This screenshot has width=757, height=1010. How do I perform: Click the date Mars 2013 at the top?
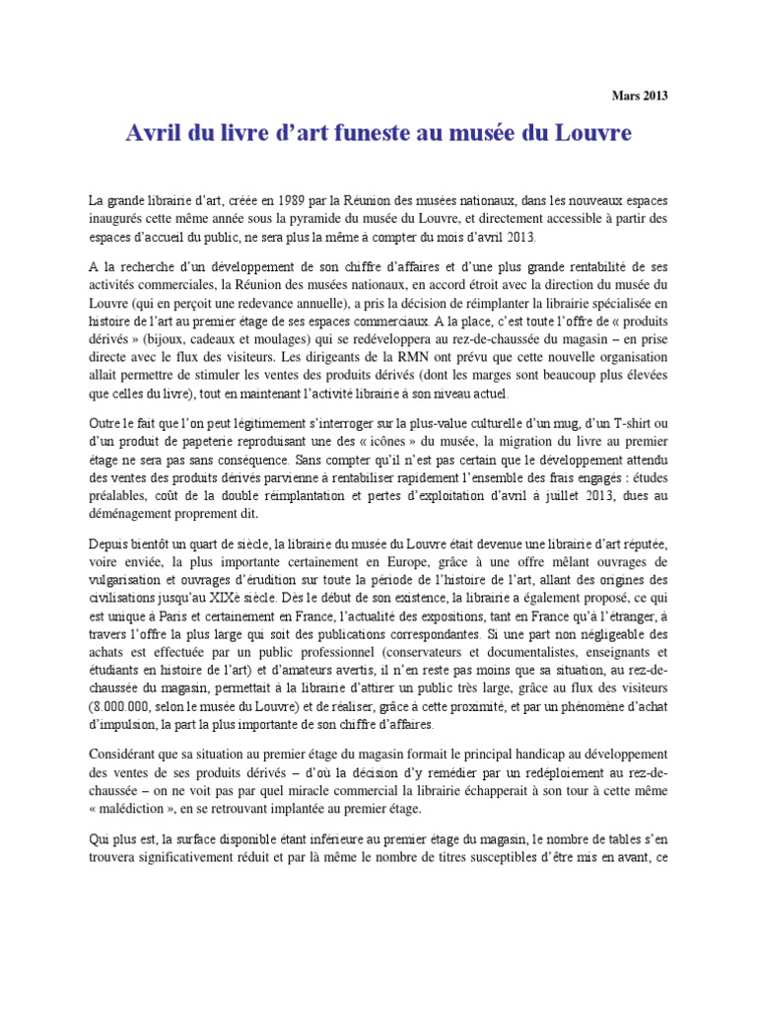[639, 96]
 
